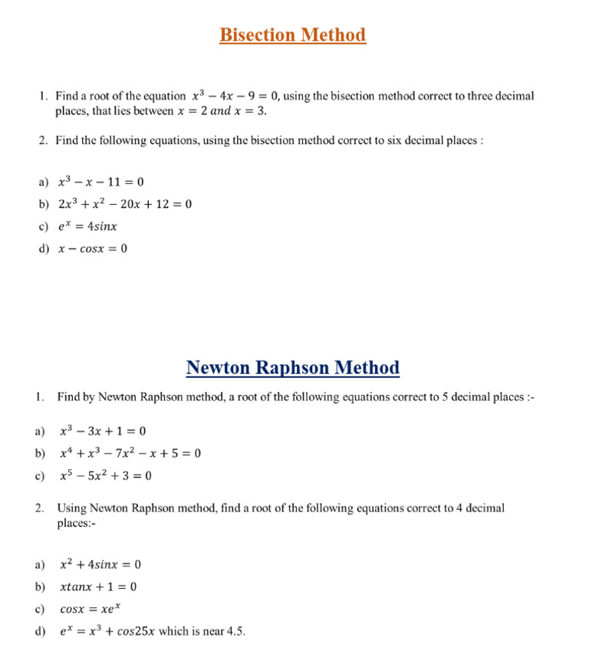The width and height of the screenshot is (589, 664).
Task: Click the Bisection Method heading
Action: tap(292, 35)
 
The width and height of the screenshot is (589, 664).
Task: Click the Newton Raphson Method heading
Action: tap(292, 368)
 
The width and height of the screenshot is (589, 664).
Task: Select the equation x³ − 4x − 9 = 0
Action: tap(235, 97)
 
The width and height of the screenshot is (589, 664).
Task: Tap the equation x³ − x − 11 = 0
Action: tap(101, 182)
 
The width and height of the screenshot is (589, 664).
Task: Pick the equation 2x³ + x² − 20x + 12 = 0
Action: tap(125, 205)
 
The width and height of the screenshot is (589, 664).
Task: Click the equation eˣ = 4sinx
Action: tap(88, 227)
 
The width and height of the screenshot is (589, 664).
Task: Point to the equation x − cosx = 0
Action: tap(93, 249)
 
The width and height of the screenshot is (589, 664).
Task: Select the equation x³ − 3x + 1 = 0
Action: tap(103, 431)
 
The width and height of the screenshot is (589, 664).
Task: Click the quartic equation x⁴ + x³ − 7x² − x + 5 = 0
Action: tap(130, 453)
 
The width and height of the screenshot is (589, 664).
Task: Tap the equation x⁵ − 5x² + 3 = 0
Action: tap(106, 475)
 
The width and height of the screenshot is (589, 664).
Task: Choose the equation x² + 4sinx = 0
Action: tap(100, 565)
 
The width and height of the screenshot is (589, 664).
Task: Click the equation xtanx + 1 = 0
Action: tap(98, 587)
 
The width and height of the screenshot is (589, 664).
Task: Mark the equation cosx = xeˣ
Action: tap(90, 610)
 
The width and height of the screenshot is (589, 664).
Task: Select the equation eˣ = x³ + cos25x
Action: tap(107, 632)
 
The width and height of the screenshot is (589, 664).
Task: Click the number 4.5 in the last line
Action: tap(234, 632)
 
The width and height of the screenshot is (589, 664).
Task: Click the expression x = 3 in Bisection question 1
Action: tap(249, 111)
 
